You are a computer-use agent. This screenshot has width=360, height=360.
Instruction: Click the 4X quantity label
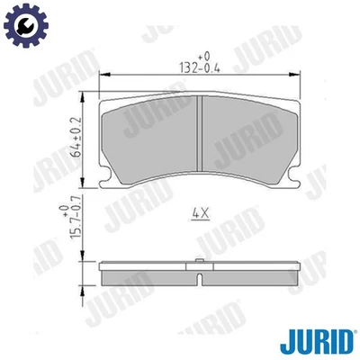tap(200, 213)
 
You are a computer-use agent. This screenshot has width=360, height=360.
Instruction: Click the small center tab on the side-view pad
tap(197, 264)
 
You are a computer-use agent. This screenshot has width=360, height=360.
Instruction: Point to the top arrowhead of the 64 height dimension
tap(85, 97)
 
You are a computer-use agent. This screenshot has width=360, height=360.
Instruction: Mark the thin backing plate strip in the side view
tap(197, 267)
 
